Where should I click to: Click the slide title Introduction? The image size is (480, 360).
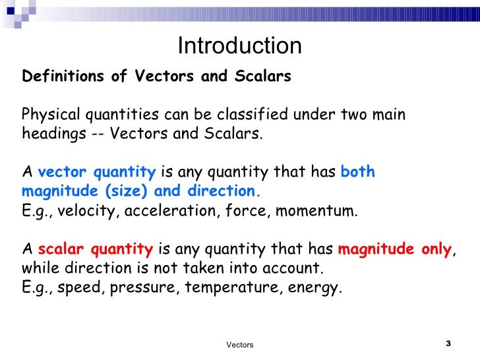pos(239,45)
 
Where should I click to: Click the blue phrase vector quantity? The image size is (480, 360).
pos(97,173)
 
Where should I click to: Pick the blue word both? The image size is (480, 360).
pos(358,173)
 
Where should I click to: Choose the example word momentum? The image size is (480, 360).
pos(316,211)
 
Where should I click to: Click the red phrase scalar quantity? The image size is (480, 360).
pos(96,250)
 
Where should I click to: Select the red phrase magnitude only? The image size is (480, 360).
pos(395,250)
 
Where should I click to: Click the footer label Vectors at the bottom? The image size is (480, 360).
pos(239,345)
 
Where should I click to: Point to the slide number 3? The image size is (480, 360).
pos(448,344)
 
